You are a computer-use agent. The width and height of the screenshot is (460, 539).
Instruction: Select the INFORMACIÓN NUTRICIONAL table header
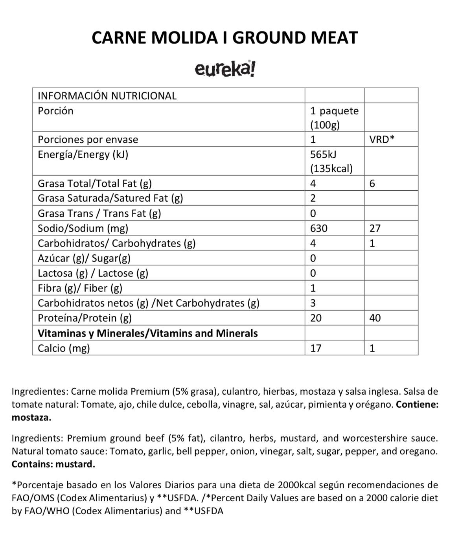[107, 96]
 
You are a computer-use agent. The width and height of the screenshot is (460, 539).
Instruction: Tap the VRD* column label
[382, 140]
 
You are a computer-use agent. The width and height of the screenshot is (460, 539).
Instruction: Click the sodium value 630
[318, 228]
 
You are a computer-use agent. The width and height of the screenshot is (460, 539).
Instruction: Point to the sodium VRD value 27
[375, 228]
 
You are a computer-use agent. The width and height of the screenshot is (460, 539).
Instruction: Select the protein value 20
[316, 318]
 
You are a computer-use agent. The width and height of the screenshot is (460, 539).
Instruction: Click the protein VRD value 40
[375, 318]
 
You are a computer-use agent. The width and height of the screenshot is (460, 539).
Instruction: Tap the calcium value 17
[316, 348]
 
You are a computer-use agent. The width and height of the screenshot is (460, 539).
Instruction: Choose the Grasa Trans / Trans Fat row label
[99, 213]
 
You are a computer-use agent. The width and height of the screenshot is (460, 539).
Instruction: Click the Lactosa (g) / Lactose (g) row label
[93, 273]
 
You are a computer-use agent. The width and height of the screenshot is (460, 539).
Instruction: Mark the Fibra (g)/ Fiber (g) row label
[80, 288]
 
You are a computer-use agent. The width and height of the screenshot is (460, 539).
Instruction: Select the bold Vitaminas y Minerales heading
[147, 333]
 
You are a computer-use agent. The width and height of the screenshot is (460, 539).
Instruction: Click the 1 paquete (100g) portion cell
[334, 118]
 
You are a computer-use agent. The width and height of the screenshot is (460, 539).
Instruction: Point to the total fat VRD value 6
[372, 184]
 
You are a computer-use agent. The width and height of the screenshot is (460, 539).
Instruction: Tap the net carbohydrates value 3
[313, 303]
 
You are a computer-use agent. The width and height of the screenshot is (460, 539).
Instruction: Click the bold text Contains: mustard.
[53, 464]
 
